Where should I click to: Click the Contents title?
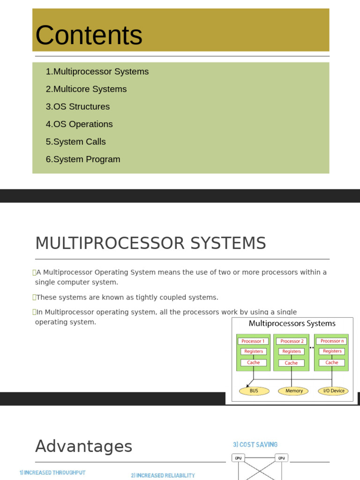pyautogui.click(x=89, y=35)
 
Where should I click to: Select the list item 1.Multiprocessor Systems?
pyautogui.click(x=97, y=72)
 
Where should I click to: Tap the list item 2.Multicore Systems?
pyautogui.click(x=86, y=89)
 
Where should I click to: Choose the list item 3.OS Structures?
pyautogui.click(x=78, y=107)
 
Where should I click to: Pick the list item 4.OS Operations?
pyautogui.click(x=79, y=124)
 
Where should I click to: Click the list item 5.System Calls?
pyautogui.click(x=76, y=142)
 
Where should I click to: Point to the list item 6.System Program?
pyautogui.click(x=83, y=159)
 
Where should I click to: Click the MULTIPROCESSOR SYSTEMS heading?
pyautogui.click(x=150, y=244)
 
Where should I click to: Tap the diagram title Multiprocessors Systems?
pyautogui.click(x=292, y=323)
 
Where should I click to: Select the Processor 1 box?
pyautogui.click(x=253, y=341)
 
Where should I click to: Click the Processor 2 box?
pyautogui.click(x=292, y=341)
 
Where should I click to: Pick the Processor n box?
pyautogui.click(x=332, y=341)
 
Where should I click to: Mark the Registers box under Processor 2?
pyautogui.click(x=292, y=352)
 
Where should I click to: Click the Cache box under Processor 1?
pyautogui.click(x=253, y=363)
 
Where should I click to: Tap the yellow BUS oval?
pyautogui.click(x=254, y=391)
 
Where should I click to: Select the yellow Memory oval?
pyautogui.click(x=293, y=391)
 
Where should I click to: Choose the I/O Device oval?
pyautogui.click(x=333, y=391)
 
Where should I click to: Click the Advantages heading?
pyautogui.click(x=84, y=446)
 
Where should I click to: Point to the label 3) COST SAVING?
pyautogui.click(x=255, y=444)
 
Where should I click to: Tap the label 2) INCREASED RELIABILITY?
pyautogui.click(x=163, y=475)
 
